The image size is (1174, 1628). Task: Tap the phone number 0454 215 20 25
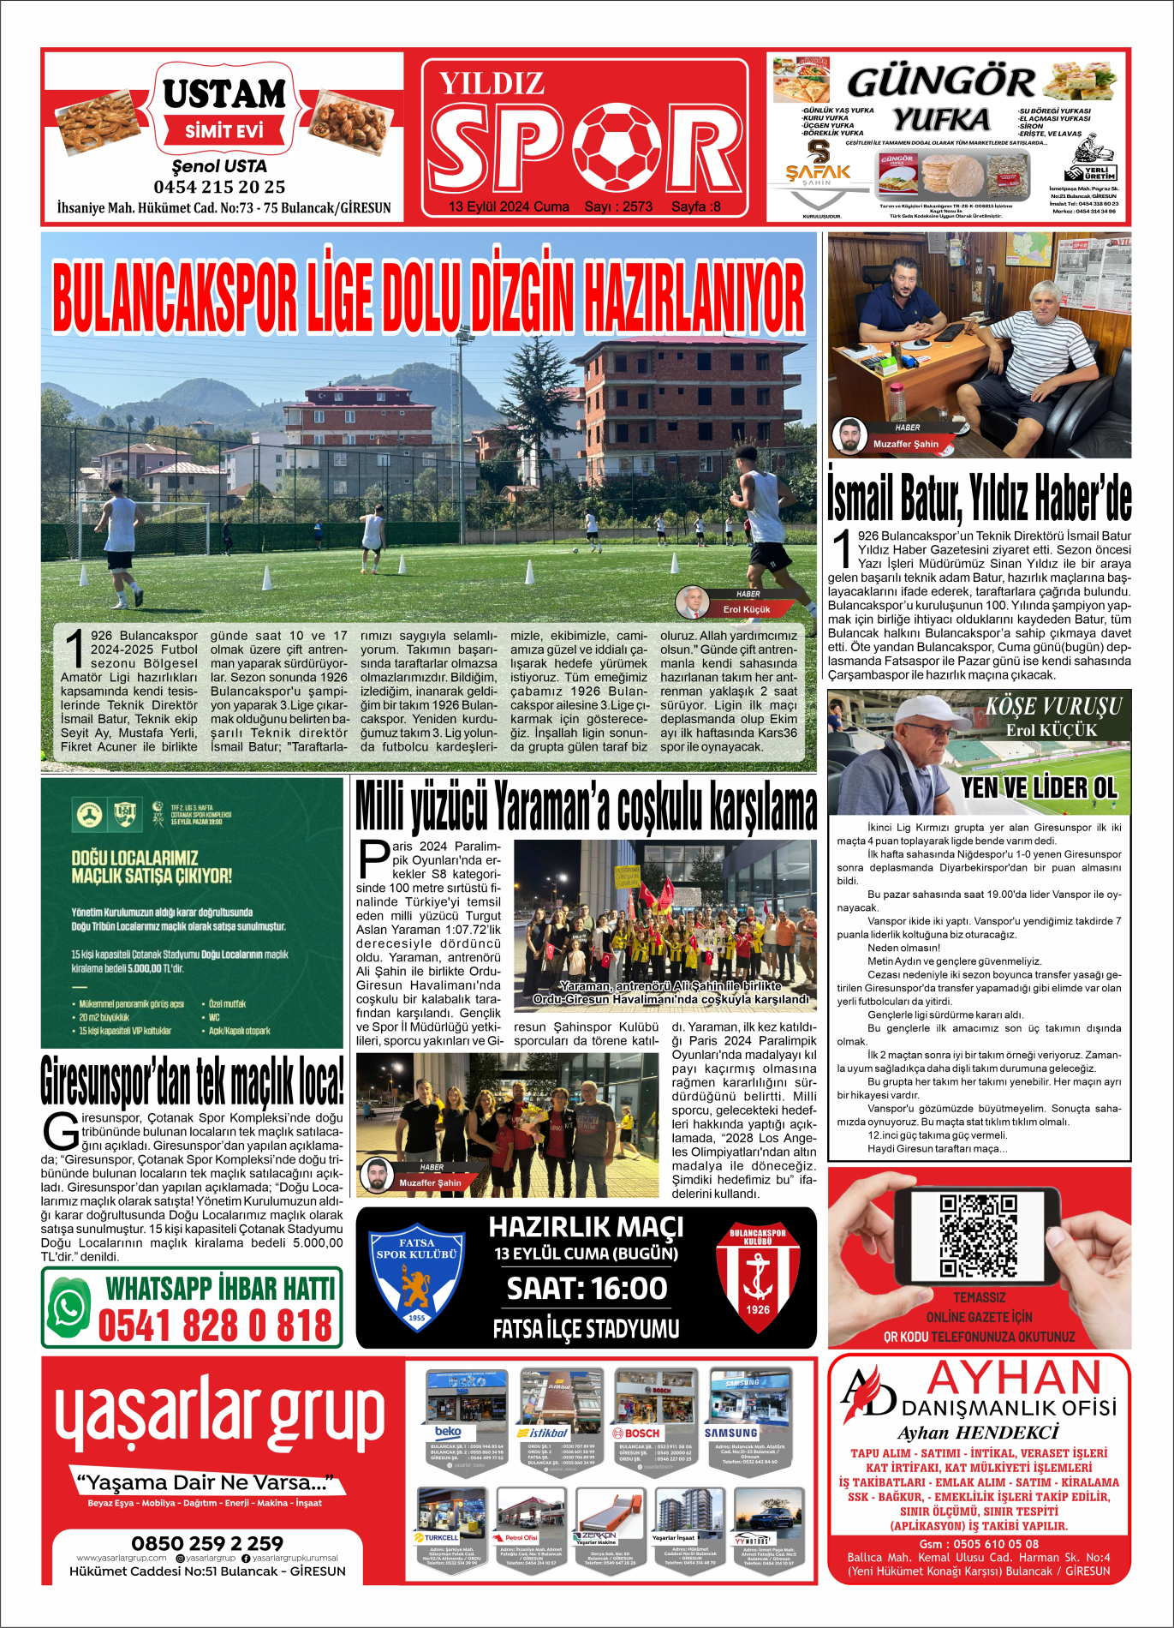[219, 187]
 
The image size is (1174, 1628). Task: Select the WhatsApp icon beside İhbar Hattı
[69, 1308]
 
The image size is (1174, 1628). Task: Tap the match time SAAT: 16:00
[587, 1289]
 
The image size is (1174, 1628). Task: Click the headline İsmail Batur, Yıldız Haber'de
[979, 497]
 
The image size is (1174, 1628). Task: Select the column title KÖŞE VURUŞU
[1053, 707]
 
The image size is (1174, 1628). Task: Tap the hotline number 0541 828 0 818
[215, 1326]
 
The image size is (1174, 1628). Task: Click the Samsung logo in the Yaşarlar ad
[730, 1433]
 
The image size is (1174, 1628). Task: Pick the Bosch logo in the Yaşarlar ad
[636, 1433]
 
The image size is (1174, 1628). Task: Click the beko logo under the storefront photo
[448, 1432]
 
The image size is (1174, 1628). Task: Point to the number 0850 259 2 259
[207, 1543]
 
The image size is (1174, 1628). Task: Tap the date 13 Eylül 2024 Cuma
[509, 206]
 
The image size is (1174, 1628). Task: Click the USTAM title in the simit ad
[224, 94]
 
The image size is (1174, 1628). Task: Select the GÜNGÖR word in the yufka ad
[940, 83]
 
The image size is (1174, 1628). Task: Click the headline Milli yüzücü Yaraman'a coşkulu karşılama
[586, 807]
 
